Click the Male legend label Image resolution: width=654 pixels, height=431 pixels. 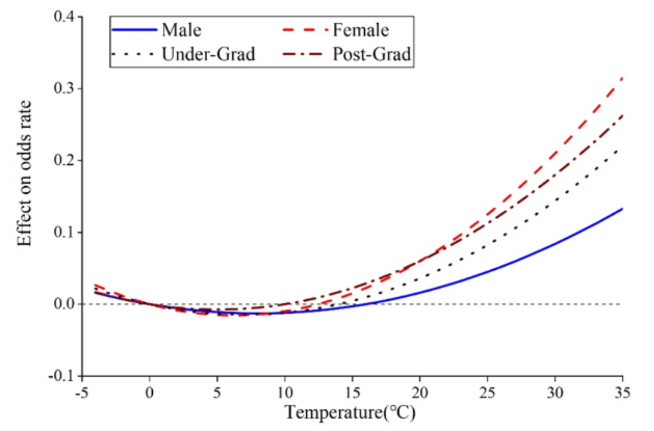coord(182,29)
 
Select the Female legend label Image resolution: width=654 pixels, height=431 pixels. coord(360,29)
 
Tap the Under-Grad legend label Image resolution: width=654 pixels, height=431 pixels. coord(208,54)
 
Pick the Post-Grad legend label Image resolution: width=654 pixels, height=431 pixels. coord(372,54)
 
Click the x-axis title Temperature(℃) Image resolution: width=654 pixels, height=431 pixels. coord(350,413)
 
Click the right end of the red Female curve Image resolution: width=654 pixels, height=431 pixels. coord(622,78)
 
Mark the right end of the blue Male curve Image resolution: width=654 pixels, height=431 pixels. coord(622,209)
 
